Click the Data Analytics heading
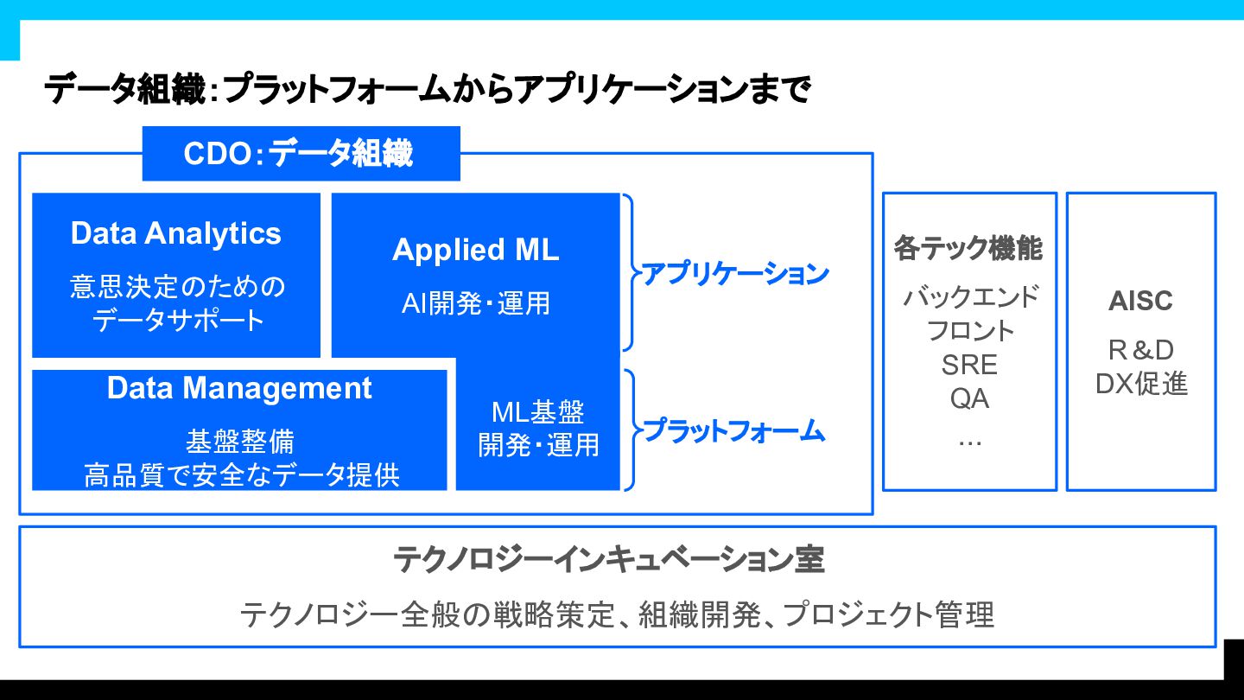(x=176, y=233)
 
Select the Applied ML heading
(x=475, y=250)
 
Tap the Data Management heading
(x=239, y=388)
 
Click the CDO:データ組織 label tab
(x=300, y=154)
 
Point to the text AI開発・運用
(x=475, y=302)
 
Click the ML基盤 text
(x=537, y=412)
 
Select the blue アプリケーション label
(x=734, y=274)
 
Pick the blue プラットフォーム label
(x=734, y=430)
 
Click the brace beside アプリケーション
(x=630, y=273)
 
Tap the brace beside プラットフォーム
(x=631, y=430)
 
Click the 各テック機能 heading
(x=968, y=249)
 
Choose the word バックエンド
(x=969, y=297)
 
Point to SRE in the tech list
(x=969, y=365)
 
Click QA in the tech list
(x=969, y=398)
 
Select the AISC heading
(x=1140, y=301)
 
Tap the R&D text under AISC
(x=1140, y=350)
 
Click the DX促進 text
(x=1140, y=384)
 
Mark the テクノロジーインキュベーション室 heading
(x=609, y=559)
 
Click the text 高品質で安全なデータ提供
(x=242, y=475)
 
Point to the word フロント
(x=969, y=331)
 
